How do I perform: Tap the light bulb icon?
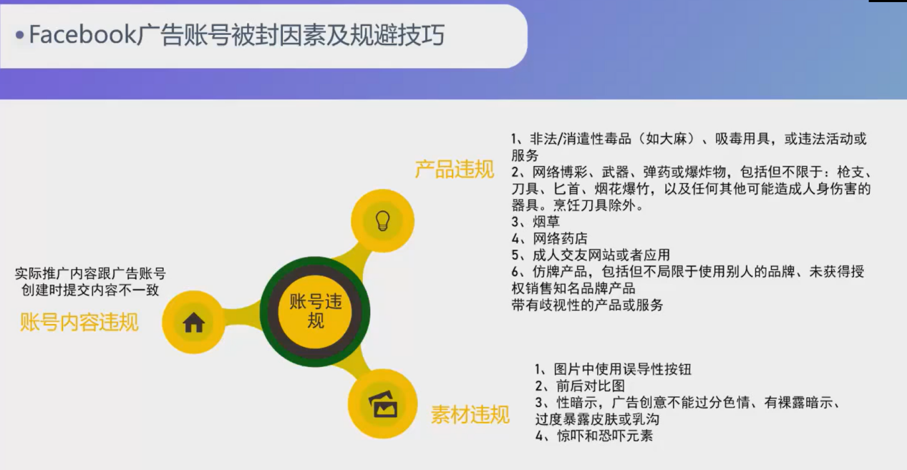click(x=383, y=220)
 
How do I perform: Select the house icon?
click(x=193, y=323)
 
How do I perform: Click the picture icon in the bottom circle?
click(x=383, y=404)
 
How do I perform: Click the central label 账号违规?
click(x=315, y=311)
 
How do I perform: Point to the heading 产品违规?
click(x=454, y=170)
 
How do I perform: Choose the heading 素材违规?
click(x=470, y=415)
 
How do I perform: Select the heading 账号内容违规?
click(x=79, y=323)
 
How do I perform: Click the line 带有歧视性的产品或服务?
click(x=587, y=305)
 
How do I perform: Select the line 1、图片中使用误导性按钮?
click(x=613, y=369)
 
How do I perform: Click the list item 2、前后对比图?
click(x=580, y=386)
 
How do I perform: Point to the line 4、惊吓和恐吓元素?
click(x=594, y=435)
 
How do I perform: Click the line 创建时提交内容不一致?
click(x=90, y=290)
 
